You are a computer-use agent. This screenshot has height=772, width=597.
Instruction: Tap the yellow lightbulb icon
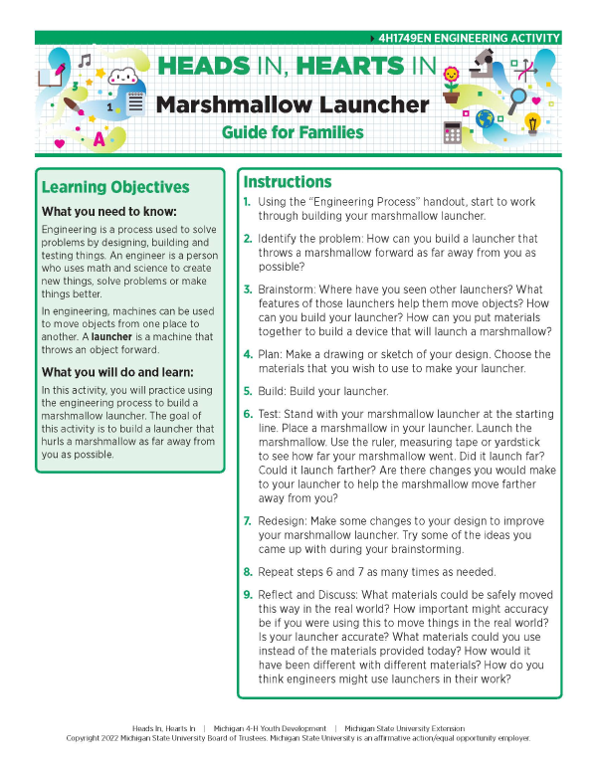click(532, 123)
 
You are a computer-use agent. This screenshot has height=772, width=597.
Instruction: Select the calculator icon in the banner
click(455, 132)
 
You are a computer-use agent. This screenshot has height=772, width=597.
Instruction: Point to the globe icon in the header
click(486, 118)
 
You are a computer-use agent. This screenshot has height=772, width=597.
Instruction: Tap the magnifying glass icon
click(517, 98)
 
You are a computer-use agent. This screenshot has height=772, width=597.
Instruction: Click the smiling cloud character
click(121, 78)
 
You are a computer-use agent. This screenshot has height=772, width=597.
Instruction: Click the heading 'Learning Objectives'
click(115, 187)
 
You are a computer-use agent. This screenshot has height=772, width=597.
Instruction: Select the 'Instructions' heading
click(288, 182)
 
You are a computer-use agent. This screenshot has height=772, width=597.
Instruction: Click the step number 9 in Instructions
click(248, 595)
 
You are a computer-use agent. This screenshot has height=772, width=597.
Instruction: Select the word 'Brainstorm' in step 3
click(289, 289)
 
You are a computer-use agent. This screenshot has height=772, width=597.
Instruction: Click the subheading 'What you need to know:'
click(109, 212)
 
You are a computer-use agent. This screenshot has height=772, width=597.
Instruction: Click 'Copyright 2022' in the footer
click(96, 738)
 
